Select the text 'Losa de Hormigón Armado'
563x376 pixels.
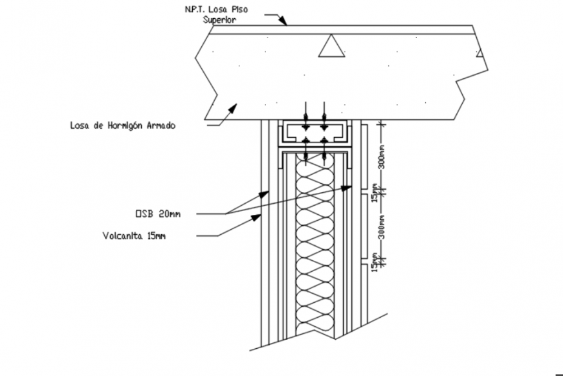click(x=122, y=126)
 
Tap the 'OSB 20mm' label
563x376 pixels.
click(x=157, y=214)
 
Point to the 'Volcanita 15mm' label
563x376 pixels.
click(x=133, y=236)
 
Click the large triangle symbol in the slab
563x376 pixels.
click(x=331, y=45)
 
